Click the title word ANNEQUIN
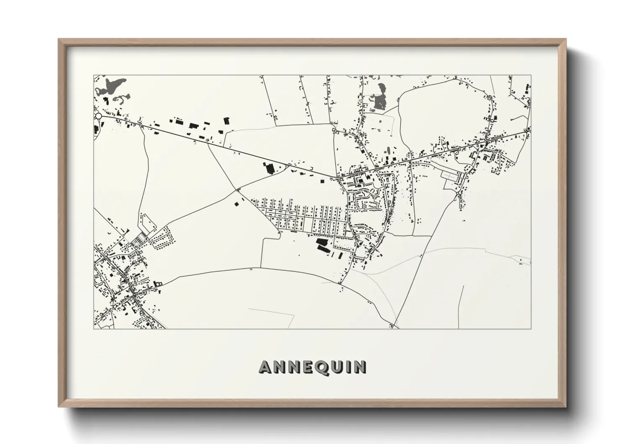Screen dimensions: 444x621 coord(313,367)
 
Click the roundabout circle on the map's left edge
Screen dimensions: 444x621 coord(98,116)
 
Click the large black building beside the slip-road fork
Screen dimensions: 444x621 coord(269,168)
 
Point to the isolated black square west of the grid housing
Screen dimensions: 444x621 coord(235,204)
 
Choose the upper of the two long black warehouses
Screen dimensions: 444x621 coord(323,243)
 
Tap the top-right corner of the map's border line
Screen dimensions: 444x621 coord(531,76)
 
